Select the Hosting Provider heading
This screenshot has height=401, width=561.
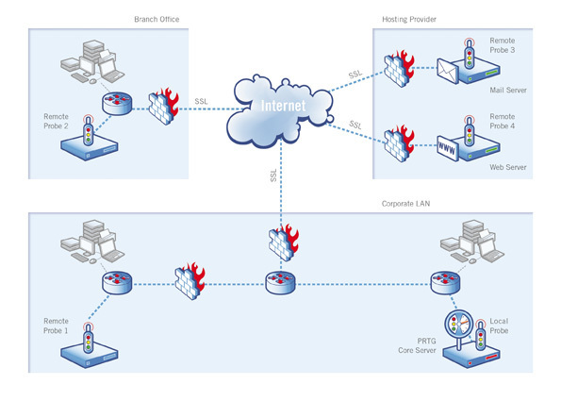409,18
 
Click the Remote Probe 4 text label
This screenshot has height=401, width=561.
503,128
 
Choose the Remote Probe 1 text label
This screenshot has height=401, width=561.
56,326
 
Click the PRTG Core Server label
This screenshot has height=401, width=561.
410,343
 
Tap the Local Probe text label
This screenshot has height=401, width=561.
499,326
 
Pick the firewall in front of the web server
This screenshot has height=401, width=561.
398,142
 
